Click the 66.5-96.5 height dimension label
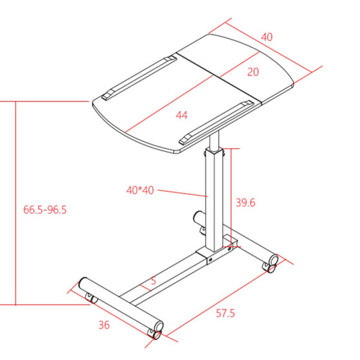45,210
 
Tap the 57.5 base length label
225,313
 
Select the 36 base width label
104,325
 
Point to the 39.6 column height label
246,203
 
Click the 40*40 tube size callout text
140,190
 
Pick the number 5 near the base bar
154,280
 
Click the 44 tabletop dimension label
181,115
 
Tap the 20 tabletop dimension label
253,72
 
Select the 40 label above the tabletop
267,37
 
